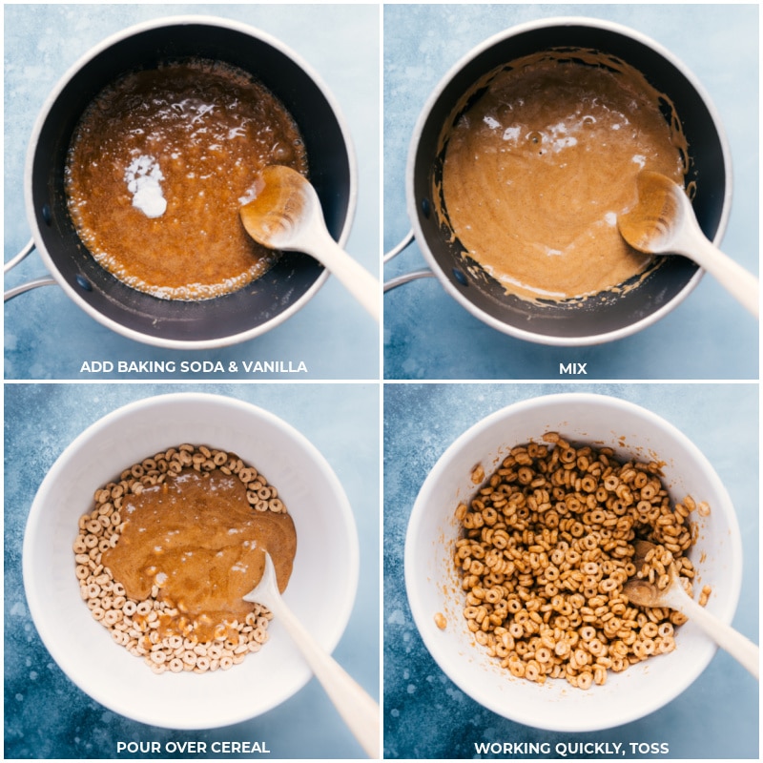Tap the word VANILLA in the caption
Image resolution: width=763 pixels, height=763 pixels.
(x=275, y=367)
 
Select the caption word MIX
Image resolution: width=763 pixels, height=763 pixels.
(x=573, y=368)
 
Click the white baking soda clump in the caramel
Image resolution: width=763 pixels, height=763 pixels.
(x=147, y=186)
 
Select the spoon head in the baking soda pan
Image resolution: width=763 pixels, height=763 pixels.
(x=278, y=205)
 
